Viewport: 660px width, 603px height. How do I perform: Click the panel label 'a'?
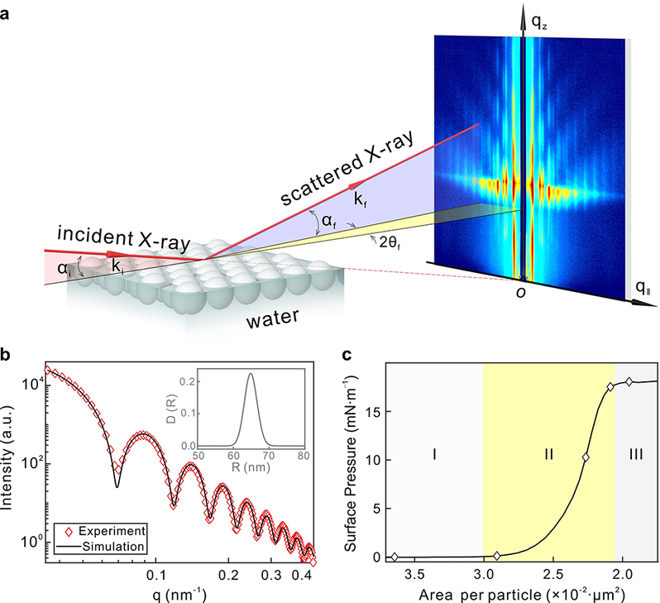[7, 12]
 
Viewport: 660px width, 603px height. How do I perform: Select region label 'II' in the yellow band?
[548, 454]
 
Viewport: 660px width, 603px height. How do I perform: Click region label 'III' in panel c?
[635, 454]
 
